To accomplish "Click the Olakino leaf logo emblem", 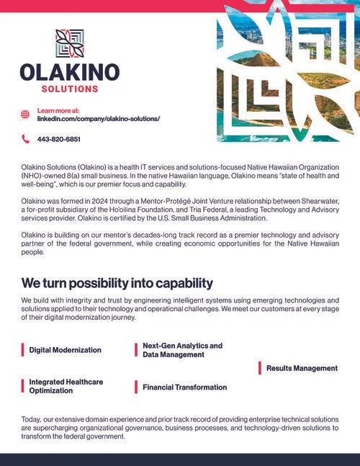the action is [69, 43].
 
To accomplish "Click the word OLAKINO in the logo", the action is [69, 72].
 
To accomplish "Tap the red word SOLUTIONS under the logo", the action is [69, 89].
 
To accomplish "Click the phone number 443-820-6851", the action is [58, 139].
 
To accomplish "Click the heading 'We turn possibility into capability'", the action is [117, 282].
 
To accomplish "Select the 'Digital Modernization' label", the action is [66, 350].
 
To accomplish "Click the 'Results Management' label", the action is [302, 368].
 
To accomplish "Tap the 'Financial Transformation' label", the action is [184, 387].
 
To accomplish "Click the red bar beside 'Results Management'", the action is [260, 368].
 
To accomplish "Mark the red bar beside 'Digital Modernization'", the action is [22, 350].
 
